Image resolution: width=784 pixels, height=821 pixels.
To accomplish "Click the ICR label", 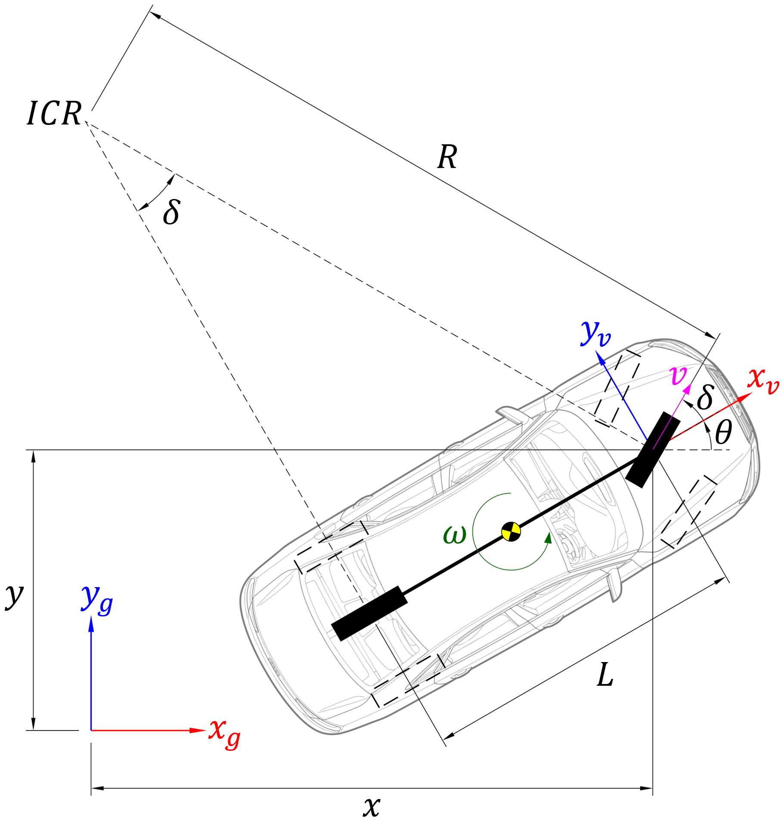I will pyautogui.click(x=54, y=114).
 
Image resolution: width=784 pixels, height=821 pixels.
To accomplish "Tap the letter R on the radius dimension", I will pyautogui.click(x=447, y=157).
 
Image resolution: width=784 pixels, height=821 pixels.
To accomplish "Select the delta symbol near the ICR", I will pyautogui.click(x=171, y=212).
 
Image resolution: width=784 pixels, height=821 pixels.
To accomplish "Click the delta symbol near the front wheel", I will pyautogui.click(x=705, y=397).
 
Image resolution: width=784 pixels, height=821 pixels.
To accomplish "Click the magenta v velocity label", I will pyautogui.click(x=679, y=375).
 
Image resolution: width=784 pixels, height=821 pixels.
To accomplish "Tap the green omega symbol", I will pyautogui.click(x=455, y=535).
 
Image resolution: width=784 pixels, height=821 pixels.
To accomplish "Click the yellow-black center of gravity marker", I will pyautogui.click(x=511, y=532).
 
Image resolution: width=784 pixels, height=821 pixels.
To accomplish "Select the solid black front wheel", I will pyautogui.click(x=652, y=449).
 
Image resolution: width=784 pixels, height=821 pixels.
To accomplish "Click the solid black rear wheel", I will pyautogui.click(x=369, y=613).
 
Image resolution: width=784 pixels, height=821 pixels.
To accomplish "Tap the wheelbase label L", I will pyautogui.click(x=605, y=675).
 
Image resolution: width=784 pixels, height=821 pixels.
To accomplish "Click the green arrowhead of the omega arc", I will pyautogui.click(x=548, y=538).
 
